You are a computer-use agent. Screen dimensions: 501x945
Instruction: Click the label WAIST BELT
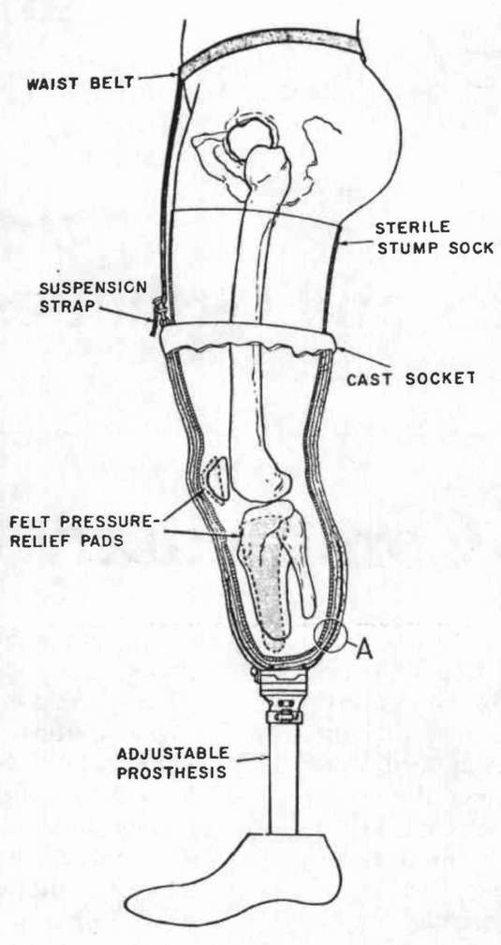(81, 82)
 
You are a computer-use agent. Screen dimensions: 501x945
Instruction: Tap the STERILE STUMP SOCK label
(435, 238)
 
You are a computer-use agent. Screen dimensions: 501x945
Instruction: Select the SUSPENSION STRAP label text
(93, 297)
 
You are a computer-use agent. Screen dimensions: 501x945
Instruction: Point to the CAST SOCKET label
(410, 378)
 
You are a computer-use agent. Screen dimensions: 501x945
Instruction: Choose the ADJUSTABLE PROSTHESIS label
(172, 762)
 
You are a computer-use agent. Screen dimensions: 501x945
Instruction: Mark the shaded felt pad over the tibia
(265, 579)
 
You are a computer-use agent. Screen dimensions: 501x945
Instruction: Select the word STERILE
(412, 229)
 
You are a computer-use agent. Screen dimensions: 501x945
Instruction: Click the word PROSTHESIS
(172, 772)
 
